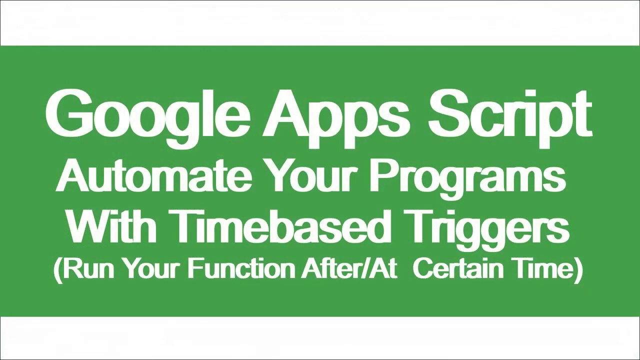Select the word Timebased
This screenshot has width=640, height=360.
[x=279, y=225]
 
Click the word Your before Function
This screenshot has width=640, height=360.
[x=152, y=268]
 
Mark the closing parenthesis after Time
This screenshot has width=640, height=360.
[x=579, y=270]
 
